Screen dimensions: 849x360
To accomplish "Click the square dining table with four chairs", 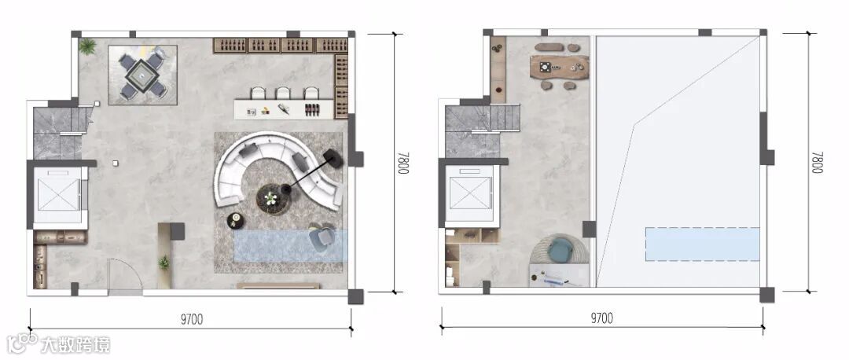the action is pos(142,75).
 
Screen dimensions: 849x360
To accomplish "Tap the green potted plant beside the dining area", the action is pos(87,46).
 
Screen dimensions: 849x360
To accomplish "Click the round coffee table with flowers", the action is pos(271,198).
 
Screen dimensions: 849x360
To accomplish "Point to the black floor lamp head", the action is pos(332,157).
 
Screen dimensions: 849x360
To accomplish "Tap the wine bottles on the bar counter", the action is pos(311,108).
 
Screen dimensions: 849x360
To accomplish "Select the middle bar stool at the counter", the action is pos(283,93).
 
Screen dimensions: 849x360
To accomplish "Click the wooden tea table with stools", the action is pos(560,67).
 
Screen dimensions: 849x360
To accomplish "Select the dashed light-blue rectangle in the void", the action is pos(702,244).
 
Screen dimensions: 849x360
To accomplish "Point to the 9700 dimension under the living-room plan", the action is pos(192,319).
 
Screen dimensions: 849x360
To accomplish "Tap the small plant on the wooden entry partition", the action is pos(164,263).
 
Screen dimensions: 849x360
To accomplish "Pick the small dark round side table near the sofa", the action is pos(236,220).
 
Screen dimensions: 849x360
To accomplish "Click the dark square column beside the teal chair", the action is pos(589,229).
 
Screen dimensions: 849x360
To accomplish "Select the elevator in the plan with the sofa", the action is pos(57,195).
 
